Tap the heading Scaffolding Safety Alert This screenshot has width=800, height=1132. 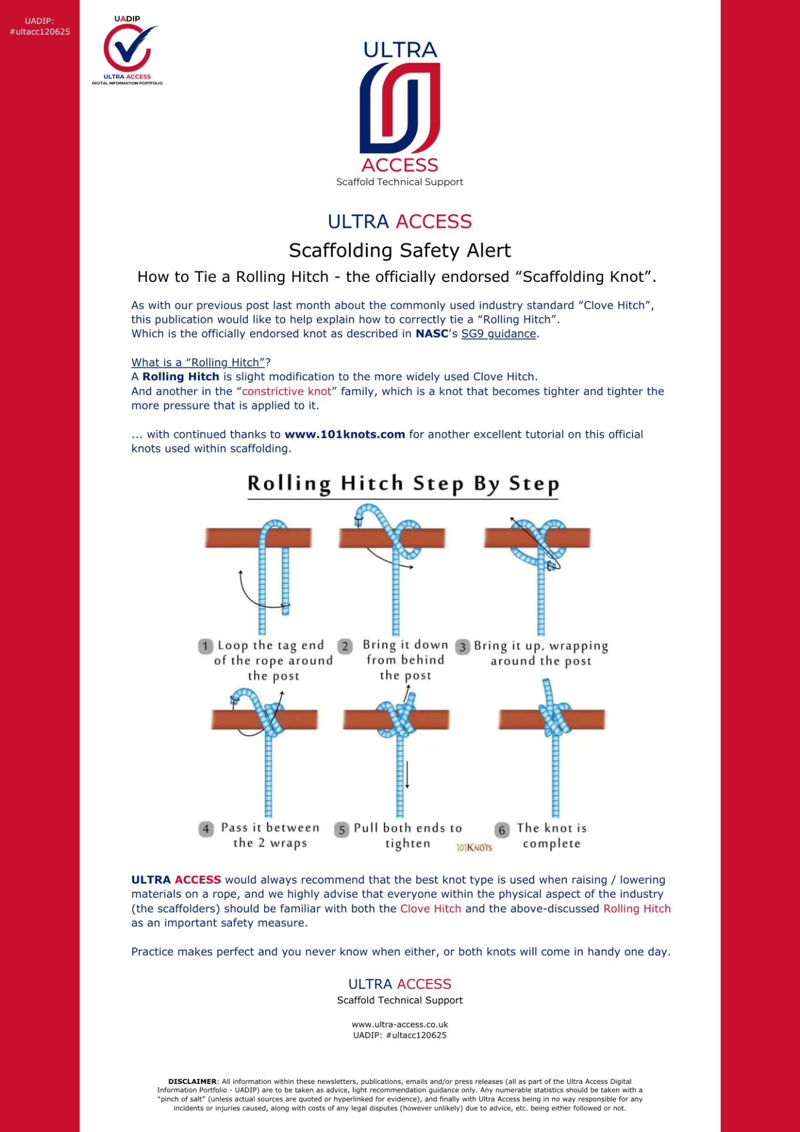(x=400, y=251)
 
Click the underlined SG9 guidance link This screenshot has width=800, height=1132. (x=498, y=334)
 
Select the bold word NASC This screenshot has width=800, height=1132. (x=432, y=334)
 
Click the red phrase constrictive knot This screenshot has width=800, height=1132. (x=286, y=391)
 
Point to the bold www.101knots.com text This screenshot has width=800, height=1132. (x=345, y=435)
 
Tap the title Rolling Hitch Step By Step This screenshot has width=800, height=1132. (x=403, y=484)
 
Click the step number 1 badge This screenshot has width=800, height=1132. (x=205, y=646)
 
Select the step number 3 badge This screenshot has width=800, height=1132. (x=463, y=647)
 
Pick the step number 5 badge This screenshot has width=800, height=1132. (x=342, y=830)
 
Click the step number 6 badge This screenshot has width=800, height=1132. (x=502, y=830)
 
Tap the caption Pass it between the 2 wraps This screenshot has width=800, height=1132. (x=270, y=836)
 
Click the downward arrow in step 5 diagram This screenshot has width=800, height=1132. (x=407, y=775)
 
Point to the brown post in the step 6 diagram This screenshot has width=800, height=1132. (x=586, y=720)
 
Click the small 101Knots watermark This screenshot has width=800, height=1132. (x=474, y=847)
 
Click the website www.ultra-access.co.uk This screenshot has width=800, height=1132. (x=400, y=1025)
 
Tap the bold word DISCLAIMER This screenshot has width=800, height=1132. (x=192, y=1082)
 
